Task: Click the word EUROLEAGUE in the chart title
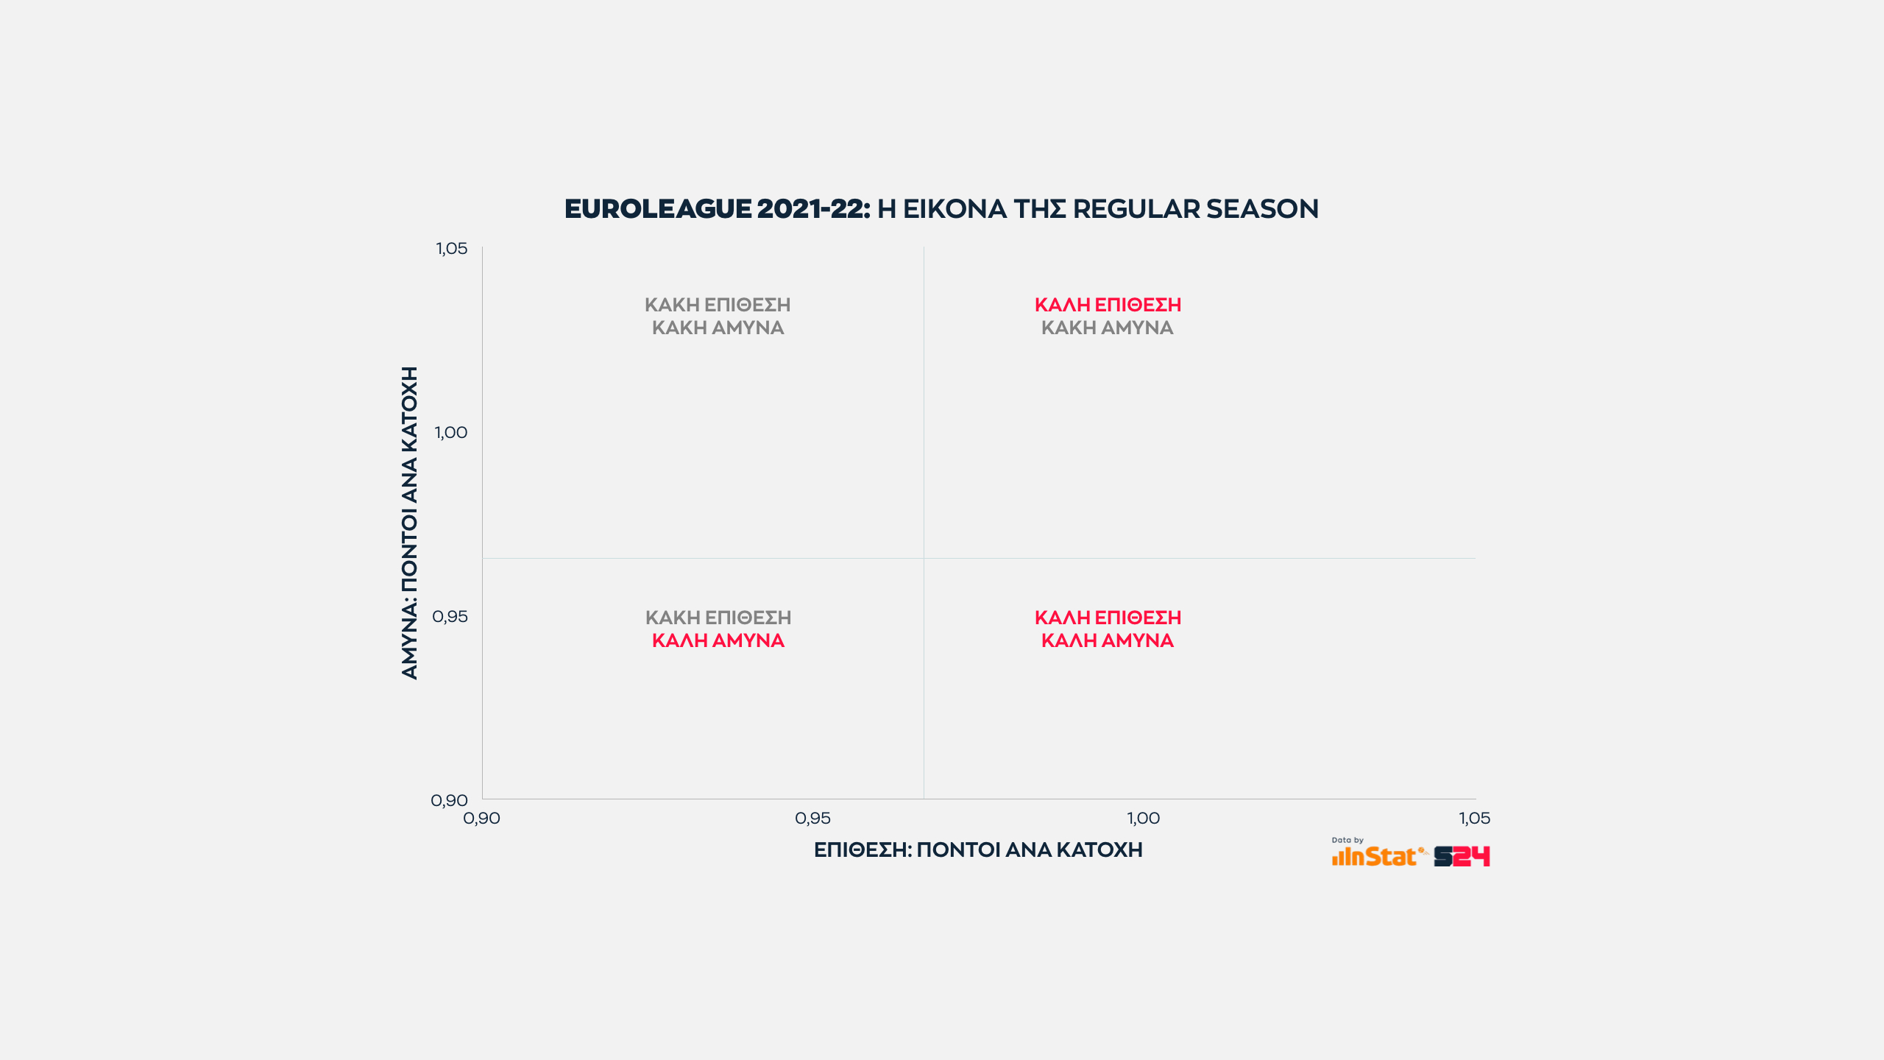click(658, 209)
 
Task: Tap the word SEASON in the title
click(1262, 209)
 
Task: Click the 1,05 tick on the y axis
click(451, 249)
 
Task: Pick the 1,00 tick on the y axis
click(450, 433)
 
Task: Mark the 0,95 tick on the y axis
click(450, 617)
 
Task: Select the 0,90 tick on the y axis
click(449, 800)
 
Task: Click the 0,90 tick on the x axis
click(481, 819)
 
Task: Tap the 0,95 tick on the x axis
click(812, 819)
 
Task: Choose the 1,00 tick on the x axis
click(1144, 819)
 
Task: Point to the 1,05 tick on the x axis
click(1474, 819)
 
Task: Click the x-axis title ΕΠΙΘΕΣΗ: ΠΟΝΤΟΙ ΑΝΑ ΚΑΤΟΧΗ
click(978, 850)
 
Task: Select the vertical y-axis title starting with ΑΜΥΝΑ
click(409, 523)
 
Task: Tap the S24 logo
click(1462, 857)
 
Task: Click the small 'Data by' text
click(1348, 840)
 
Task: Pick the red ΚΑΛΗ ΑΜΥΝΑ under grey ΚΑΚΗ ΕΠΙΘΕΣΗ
click(718, 641)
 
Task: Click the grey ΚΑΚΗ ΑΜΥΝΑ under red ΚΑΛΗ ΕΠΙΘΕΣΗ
click(1107, 328)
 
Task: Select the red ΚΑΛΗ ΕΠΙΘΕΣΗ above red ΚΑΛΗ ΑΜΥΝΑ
click(1108, 618)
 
